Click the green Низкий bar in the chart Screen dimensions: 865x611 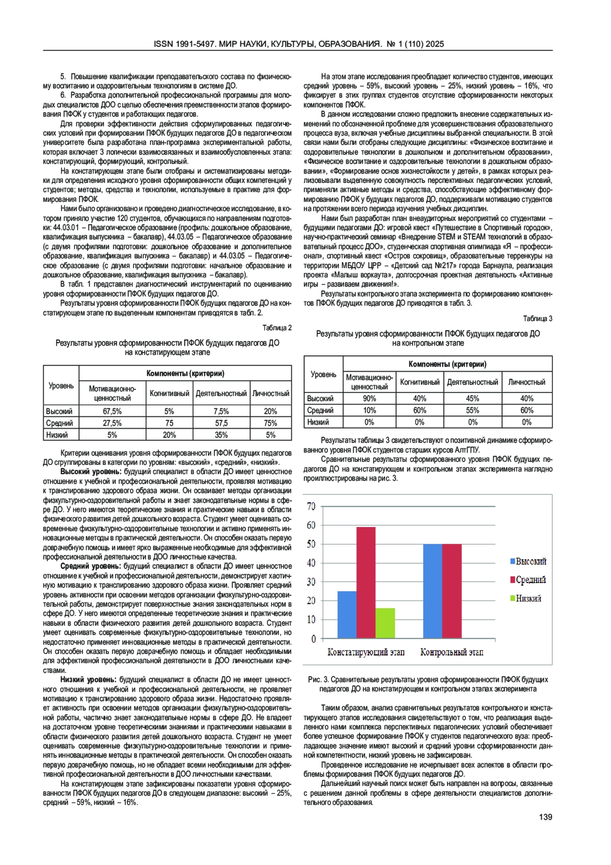385,622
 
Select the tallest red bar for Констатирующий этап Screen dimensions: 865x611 366,582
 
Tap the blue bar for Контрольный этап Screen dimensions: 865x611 432,591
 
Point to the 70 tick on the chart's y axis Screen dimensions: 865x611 311,506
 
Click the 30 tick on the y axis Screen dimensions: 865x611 311,582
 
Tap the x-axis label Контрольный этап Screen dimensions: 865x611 452,652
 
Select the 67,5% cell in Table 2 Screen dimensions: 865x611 112,411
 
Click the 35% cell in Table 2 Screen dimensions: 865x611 221,435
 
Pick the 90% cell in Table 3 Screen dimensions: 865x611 369,399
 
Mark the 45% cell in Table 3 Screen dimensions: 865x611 473,399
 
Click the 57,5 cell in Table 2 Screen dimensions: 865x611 221,423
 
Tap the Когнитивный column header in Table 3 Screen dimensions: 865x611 420,382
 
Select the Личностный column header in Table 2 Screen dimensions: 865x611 270,393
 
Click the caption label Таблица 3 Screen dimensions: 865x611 538,319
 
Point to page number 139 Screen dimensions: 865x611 545,817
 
